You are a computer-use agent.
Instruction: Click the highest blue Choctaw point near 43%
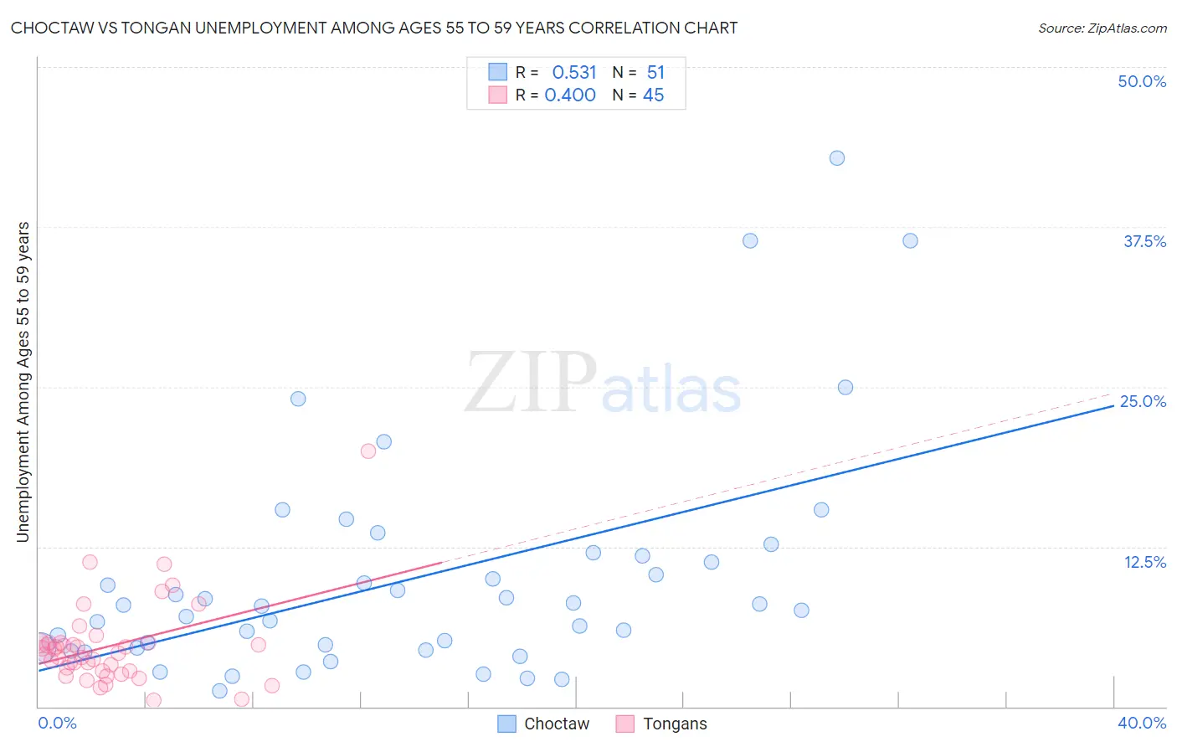coord(837,158)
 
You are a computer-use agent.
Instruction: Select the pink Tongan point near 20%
coord(367,451)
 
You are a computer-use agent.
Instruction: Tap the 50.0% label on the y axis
coord(1142,81)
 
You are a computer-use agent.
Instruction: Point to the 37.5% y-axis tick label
coord(1144,241)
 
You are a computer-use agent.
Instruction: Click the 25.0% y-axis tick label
coord(1143,401)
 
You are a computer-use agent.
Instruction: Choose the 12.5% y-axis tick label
coord(1144,562)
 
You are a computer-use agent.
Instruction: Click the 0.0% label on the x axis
coord(57,723)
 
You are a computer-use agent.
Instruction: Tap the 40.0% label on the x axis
coord(1142,723)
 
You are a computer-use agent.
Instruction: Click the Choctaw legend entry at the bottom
coord(556,724)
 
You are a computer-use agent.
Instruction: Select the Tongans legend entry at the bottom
coord(674,724)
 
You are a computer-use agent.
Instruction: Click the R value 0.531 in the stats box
coord(573,73)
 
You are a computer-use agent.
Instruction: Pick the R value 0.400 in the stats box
coord(570,95)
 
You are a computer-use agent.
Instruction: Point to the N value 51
coord(655,73)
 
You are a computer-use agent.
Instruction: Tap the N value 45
coord(653,95)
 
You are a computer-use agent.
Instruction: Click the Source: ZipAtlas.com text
coord(1102,28)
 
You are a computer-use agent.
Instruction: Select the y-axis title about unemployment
coord(23,382)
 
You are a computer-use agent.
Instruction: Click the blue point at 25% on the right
coord(845,388)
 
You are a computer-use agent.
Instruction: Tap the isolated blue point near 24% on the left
coord(298,399)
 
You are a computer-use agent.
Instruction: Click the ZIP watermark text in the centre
coord(531,384)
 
